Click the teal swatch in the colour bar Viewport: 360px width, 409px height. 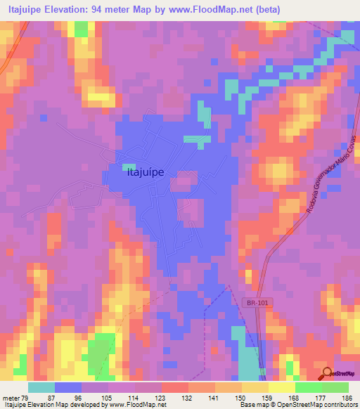pyautogui.click(x=41, y=388)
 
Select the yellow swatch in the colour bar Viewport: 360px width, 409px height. pyautogui.click(x=255, y=388)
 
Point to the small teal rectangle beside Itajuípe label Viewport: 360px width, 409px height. pyautogui.click(x=129, y=167)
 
